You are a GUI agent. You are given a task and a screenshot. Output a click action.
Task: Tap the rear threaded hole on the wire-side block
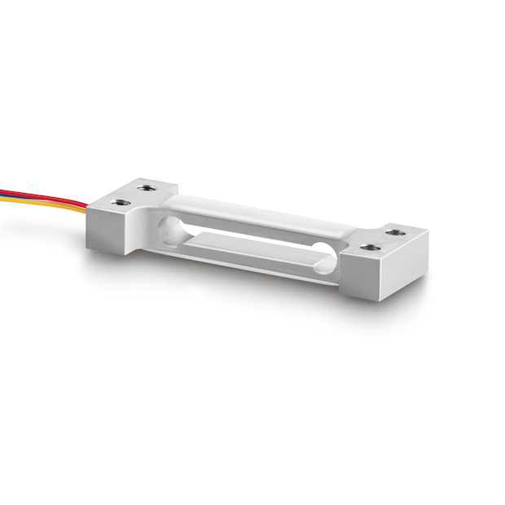pos(147,188)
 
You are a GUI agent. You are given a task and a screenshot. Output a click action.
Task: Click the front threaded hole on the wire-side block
pos(121,201)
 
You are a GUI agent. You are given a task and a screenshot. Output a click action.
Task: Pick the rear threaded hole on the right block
pos(395,232)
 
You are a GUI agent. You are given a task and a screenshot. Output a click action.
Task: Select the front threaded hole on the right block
pos(370,246)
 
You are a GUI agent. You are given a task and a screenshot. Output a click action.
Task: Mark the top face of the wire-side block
pos(134,195)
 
